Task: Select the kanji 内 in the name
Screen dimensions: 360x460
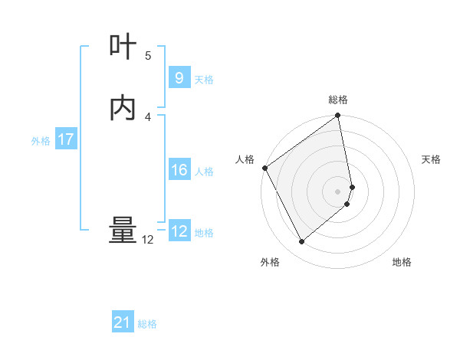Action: [x=123, y=108]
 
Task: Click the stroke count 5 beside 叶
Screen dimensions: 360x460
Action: [x=148, y=55]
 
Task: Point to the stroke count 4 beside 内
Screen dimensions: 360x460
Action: [x=148, y=116]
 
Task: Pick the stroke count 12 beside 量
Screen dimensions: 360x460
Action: [x=148, y=240]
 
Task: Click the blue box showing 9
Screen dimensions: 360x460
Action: [x=179, y=77]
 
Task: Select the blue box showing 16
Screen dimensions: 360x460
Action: [x=179, y=170]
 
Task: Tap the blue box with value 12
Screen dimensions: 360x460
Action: [x=179, y=231]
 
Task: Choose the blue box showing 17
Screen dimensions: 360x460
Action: [x=65, y=139]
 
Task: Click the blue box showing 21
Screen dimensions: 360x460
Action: [x=123, y=322]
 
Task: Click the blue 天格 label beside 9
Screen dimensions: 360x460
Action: [x=204, y=79]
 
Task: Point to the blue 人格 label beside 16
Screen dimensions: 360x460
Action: [x=204, y=172]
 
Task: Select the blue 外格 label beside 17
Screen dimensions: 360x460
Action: [x=41, y=141]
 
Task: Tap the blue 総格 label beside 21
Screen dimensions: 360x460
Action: [x=147, y=324]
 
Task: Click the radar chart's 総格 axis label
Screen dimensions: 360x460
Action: [x=338, y=100]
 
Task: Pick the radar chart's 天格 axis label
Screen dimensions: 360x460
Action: [x=432, y=159]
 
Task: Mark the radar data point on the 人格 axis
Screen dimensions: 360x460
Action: [x=264, y=168]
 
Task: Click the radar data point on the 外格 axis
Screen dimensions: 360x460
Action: [x=302, y=242]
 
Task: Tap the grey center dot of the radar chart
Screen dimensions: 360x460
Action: [x=338, y=191]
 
